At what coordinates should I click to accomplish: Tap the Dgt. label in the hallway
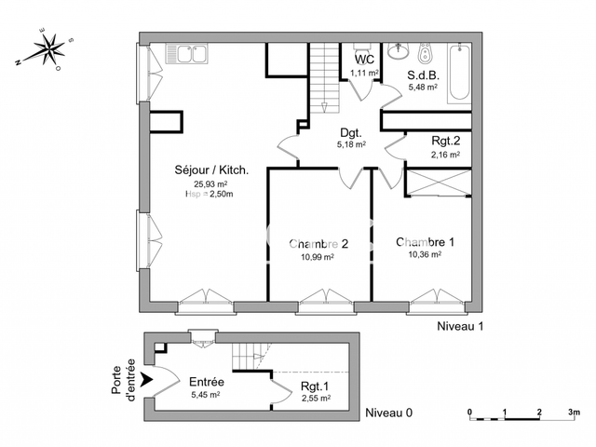pyautogui.click(x=351, y=132)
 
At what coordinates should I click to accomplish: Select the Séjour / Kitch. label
pyautogui.click(x=211, y=170)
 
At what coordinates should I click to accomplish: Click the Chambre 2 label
pyautogui.click(x=318, y=244)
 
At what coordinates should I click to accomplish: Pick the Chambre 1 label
pyautogui.click(x=425, y=242)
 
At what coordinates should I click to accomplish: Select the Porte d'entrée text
pyautogui.click(x=124, y=380)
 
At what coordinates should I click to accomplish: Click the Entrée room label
pyautogui.click(x=205, y=382)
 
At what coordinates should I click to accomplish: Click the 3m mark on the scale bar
pyautogui.click(x=575, y=412)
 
